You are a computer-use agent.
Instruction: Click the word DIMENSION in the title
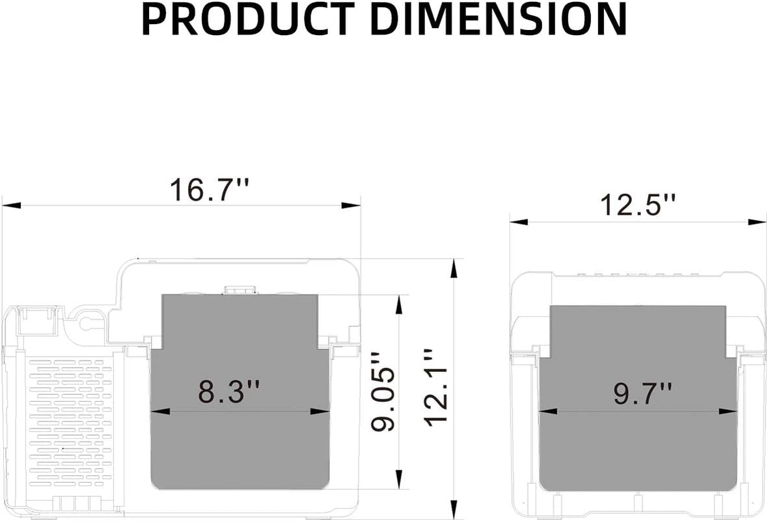pos(502,19)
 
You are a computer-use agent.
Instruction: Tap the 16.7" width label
pos(210,190)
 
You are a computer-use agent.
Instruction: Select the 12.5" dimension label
pos(638,205)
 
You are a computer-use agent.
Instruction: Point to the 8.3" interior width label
pos(228,391)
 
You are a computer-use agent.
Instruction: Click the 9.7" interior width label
pos(642,393)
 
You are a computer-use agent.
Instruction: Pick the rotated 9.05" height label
pos(383,391)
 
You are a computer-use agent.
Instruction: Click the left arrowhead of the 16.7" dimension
pos(12,205)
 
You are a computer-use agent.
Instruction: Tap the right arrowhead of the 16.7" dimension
pos(351,205)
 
